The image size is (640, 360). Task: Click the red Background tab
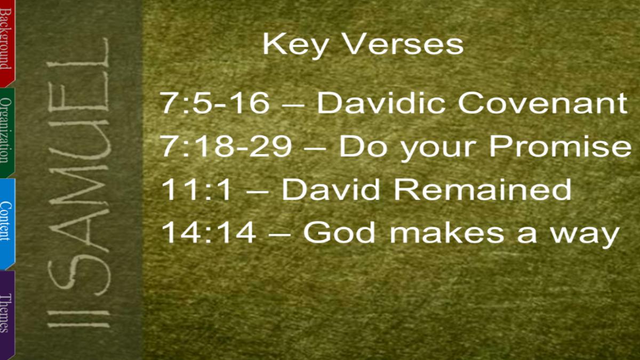click(7, 43)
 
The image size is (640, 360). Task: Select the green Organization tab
click(7, 133)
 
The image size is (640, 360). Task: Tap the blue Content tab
click(7, 225)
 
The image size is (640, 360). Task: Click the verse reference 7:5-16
click(215, 103)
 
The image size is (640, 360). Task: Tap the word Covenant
click(543, 103)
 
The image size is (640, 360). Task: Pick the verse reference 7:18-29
click(226, 146)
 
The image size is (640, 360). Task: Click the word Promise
click(560, 146)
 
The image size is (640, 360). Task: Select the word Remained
click(483, 189)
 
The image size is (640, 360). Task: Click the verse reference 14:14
click(209, 233)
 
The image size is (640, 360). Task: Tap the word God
click(339, 233)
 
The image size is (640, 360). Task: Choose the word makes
click(447, 233)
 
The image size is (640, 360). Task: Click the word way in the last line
click(585, 235)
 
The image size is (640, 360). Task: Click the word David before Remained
click(331, 189)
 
